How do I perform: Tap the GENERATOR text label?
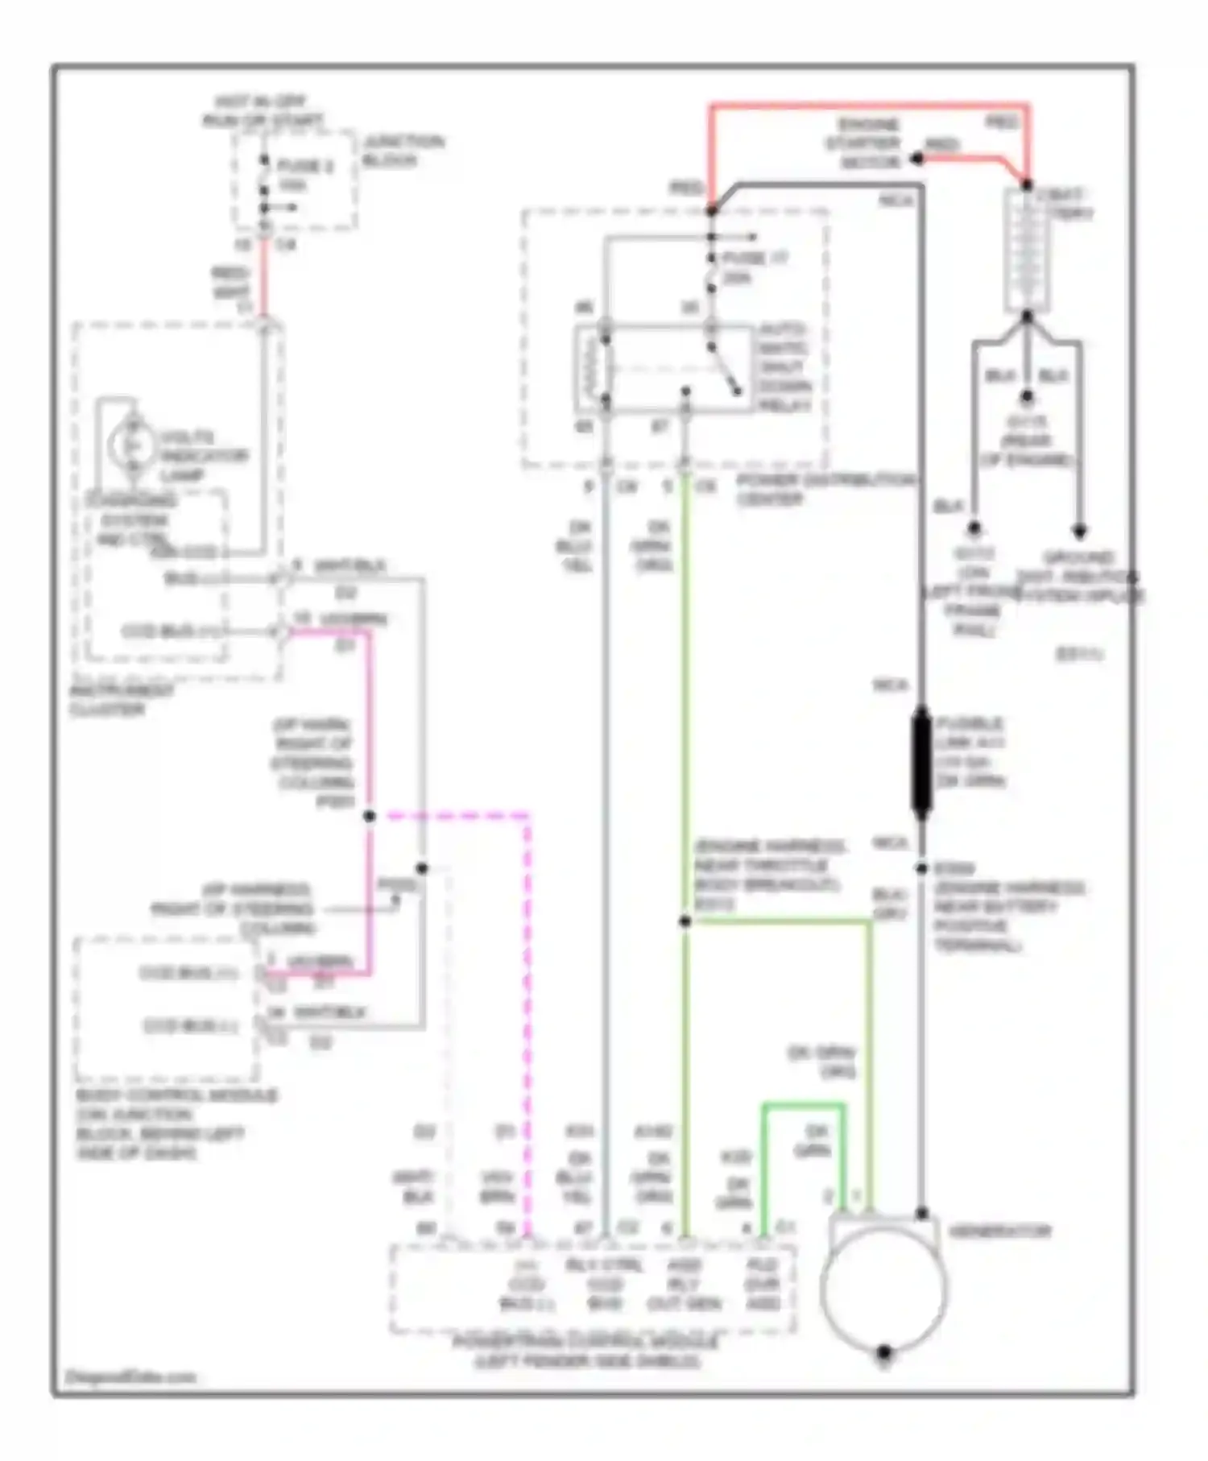pyautogui.click(x=999, y=1231)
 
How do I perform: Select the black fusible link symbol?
pyautogui.click(x=921, y=762)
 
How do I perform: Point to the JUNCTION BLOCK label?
pyautogui.click(x=402, y=151)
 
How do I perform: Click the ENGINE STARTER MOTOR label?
pyautogui.click(x=863, y=143)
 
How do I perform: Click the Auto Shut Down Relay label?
pyautogui.click(x=784, y=368)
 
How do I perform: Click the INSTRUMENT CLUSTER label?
pyautogui.click(x=121, y=700)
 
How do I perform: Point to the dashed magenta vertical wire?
pyautogui.click(x=527, y=1007)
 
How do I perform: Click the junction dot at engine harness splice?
pyautogui.click(x=685, y=921)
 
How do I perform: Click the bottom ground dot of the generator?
pyautogui.click(x=883, y=1351)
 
